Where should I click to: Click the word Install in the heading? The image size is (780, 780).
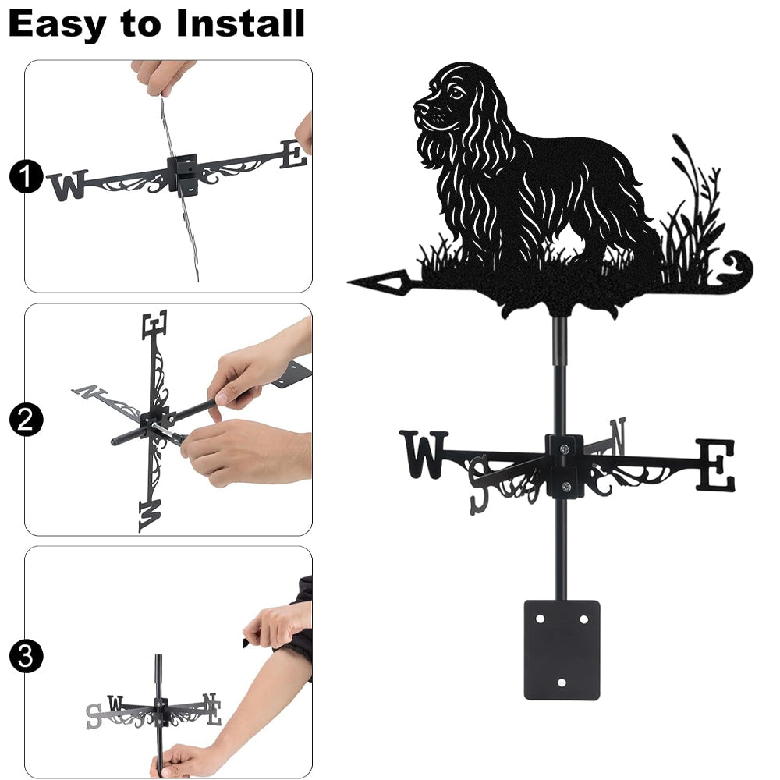click(x=240, y=23)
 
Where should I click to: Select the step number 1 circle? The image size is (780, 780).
click(x=26, y=176)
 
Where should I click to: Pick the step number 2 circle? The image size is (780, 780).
click(x=26, y=420)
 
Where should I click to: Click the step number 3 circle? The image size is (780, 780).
click(x=26, y=656)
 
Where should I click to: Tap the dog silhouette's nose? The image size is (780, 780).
click(x=420, y=108)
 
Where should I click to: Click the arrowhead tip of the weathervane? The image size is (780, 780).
click(x=349, y=282)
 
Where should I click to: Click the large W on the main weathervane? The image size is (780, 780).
click(x=424, y=454)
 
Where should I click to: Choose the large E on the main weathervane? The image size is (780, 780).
click(x=714, y=465)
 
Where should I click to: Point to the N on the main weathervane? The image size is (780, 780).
click(x=619, y=436)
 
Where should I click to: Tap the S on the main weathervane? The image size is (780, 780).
click(x=478, y=484)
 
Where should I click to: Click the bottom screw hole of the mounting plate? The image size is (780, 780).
click(x=562, y=682)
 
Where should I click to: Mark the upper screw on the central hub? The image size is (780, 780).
click(x=564, y=450)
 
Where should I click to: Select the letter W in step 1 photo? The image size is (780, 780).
click(x=68, y=185)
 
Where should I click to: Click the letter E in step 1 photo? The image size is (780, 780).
click(x=293, y=154)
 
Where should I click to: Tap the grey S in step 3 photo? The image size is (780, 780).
click(x=93, y=716)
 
